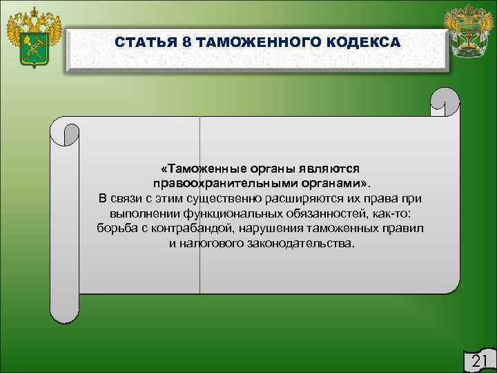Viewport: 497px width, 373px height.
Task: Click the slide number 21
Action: (x=478, y=361)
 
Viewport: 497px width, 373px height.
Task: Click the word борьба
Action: (x=115, y=229)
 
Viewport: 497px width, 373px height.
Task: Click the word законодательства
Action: (x=298, y=245)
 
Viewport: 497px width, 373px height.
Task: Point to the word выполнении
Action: (x=140, y=214)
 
